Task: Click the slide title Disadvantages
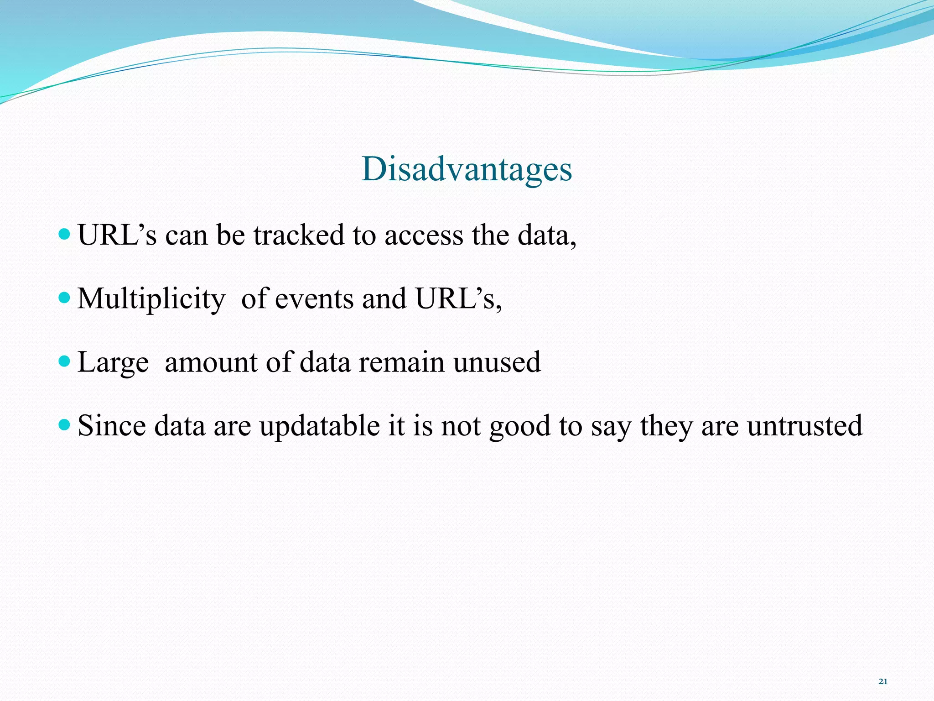click(467, 169)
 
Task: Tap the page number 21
click(882, 681)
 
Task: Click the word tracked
click(299, 235)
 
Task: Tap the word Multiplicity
click(151, 299)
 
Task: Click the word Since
click(112, 426)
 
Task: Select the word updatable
click(319, 426)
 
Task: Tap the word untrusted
click(804, 426)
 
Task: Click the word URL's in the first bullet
click(117, 235)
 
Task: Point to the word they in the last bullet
click(666, 426)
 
